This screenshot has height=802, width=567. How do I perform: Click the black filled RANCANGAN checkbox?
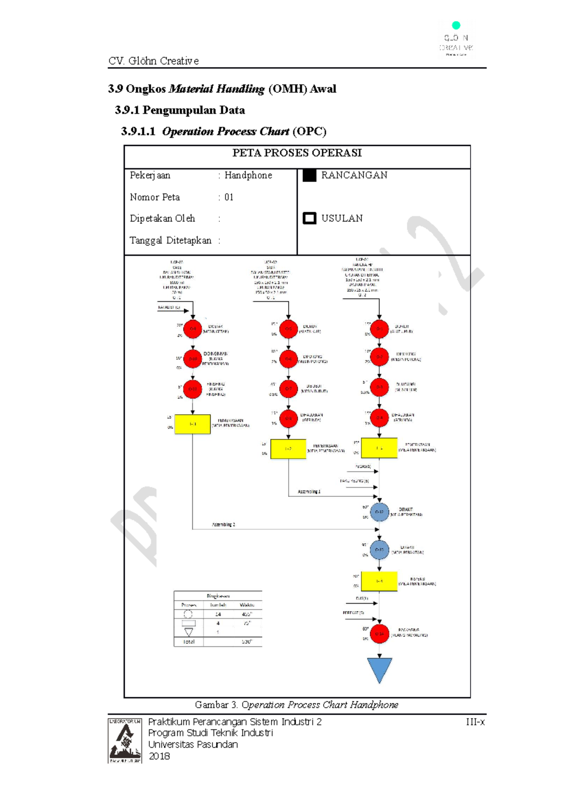(x=309, y=175)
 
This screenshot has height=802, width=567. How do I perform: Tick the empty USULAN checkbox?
(x=309, y=218)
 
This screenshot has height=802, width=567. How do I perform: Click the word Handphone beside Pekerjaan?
(x=248, y=175)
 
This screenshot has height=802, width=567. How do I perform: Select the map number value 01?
(x=229, y=197)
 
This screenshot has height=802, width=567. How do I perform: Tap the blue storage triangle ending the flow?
(x=379, y=669)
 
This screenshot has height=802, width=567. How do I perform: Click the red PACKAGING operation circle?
(x=379, y=634)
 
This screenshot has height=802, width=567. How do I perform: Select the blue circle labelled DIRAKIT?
(x=379, y=512)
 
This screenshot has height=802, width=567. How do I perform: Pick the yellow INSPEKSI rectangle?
(x=379, y=581)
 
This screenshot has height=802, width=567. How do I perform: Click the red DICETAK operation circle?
(x=192, y=329)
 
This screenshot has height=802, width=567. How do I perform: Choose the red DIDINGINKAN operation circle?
(x=192, y=359)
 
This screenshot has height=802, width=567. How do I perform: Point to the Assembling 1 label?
(x=309, y=492)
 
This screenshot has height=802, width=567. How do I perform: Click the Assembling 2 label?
(x=223, y=525)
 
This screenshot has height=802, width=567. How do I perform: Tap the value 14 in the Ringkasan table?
(x=218, y=614)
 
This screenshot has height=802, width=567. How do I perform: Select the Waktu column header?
(x=247, y=605)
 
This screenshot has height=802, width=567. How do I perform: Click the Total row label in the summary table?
(x=189, y=642)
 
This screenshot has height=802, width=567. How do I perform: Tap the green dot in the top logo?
(x=455, y=25)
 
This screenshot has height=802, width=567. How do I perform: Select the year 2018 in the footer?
(x=159, y=756)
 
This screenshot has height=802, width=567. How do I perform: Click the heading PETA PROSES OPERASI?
(x=297, y=153)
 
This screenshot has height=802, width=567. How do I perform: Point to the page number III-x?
(x=475, y=722)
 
